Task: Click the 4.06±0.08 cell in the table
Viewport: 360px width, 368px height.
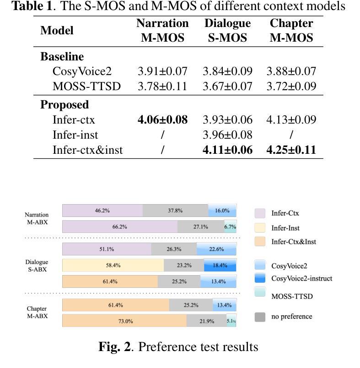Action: pos(162,120)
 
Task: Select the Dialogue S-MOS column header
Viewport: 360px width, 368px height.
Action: pos(227,31)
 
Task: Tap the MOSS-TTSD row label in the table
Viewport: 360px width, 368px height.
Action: pos(86,86)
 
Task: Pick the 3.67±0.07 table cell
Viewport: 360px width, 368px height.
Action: pos(227,86)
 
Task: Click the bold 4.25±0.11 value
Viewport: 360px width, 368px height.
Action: pos(291,150)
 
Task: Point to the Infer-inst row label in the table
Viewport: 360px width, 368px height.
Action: pos(75,135)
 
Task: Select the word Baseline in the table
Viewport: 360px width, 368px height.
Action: pos(62,57)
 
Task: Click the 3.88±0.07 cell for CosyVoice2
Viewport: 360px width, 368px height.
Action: pos(291,71)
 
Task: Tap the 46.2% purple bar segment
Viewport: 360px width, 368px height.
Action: pos(102,211)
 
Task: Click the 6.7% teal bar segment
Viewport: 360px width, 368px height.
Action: pos(230,227)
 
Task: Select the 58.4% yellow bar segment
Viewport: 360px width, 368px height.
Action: pos(113,265)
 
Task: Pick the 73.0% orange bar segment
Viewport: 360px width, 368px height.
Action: pos(124,321)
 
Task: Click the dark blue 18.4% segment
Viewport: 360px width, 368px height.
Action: pos(220,265)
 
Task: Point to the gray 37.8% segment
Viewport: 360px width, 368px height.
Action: pos(175,211)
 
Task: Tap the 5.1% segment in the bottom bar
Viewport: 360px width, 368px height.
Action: pos(231,321)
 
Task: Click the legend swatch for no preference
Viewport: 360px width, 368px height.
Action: pos(260,317)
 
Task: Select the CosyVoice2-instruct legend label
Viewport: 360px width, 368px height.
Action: pos(301,278)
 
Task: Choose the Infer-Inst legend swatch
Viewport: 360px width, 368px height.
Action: pos(260,227)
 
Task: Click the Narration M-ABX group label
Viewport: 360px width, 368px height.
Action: pos(37,218)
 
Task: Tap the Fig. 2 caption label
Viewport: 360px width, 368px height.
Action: pos(115,347)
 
